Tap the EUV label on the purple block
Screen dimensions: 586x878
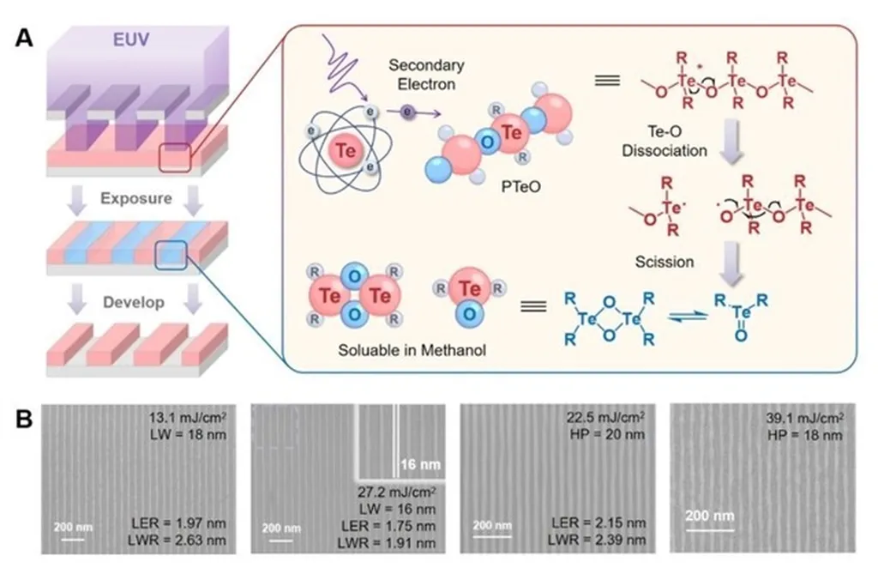(134, 40)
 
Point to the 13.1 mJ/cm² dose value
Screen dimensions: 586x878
(189, 420)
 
